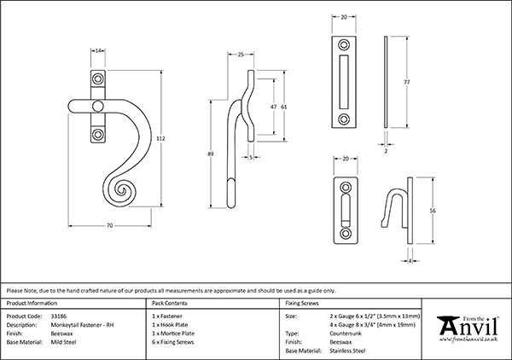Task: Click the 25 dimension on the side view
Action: [x=241, y=55]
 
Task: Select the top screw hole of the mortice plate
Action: [x=345, y=44]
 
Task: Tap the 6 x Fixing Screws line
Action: [x=173, y=340]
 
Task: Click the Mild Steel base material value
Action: [x=64, y=340]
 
